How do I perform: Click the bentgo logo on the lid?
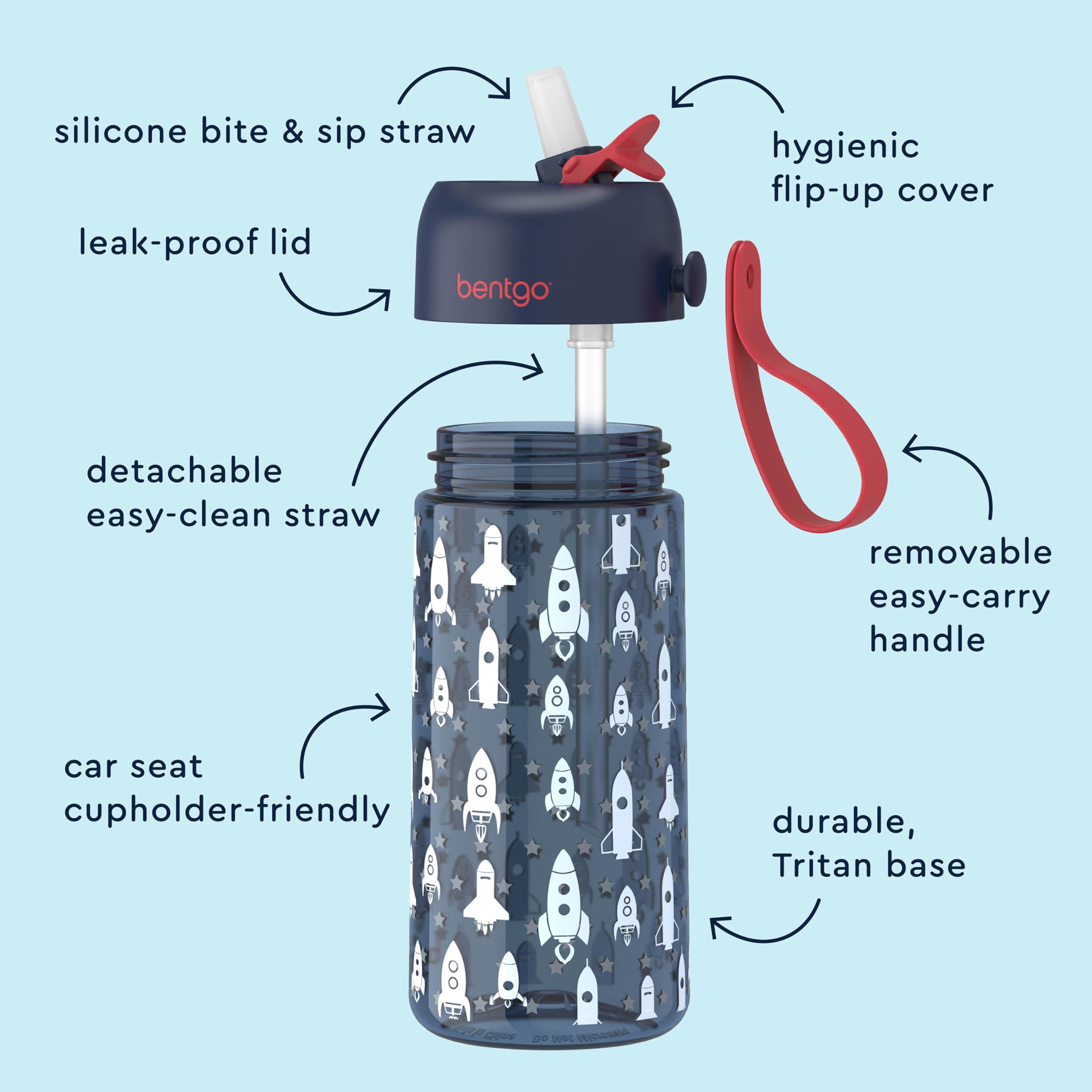point(502,289)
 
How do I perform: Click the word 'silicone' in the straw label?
point(120,132)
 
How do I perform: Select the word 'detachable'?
point(184,471)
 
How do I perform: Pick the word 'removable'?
point(960,553)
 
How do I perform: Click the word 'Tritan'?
point(823,865)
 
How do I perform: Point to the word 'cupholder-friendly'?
point(227,811)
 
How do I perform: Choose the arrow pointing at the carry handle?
point(955,469)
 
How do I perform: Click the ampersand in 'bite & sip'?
point(293,132)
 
